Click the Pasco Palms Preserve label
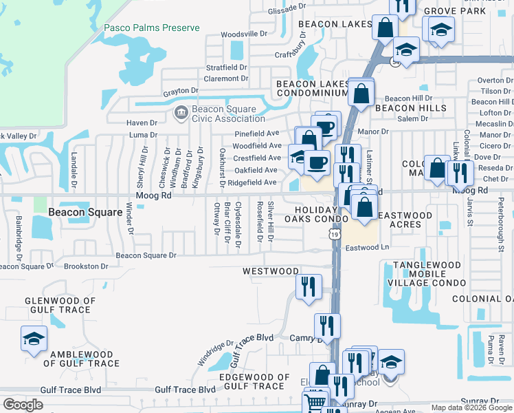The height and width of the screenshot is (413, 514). point(152,28)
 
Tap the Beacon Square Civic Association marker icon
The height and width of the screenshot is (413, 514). point(181,113)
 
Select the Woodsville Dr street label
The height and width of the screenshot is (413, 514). point(244,34)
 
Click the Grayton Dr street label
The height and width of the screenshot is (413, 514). point(181,91)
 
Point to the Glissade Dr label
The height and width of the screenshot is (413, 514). point(287,8)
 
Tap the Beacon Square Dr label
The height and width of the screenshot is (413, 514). point(146,255)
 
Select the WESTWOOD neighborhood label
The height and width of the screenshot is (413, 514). point(271,272)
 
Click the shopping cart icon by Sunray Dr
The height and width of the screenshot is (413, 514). point(315,402)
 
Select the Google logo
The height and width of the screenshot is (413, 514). point(23,405)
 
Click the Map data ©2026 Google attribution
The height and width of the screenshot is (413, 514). point(471,407)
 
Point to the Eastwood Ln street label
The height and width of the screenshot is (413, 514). point(367,248)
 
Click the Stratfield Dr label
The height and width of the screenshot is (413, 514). point(226,68)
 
